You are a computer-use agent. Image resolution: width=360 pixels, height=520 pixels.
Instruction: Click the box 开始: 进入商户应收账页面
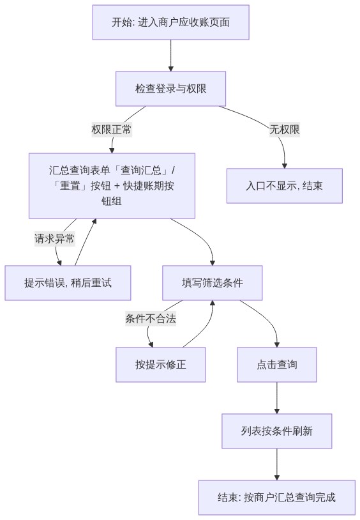click(170, 22)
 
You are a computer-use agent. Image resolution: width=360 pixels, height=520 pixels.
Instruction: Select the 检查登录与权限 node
click(170, 89)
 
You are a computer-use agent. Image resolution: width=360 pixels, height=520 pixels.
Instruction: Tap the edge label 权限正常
click(111, 129)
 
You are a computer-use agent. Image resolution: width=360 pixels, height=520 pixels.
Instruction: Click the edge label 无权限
click(285, 129)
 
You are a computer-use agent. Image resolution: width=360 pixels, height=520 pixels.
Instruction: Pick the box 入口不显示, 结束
click(285, 186)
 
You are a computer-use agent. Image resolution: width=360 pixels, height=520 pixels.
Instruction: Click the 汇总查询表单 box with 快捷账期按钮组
click(112, 186)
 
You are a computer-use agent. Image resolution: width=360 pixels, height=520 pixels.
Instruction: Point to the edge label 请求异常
click(55, 239)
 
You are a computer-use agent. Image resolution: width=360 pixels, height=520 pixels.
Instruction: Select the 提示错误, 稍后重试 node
click(68, 283)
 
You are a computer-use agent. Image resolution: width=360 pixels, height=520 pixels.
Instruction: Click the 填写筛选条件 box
click(212, 283)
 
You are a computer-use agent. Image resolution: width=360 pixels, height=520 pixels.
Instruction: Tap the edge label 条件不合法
click(151, 319)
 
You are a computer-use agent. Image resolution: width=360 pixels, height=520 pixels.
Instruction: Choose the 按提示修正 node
click(160, 365)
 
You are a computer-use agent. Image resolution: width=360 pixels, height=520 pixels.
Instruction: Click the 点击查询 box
click(277, 365)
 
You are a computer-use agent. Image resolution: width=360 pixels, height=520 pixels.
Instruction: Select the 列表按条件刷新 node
click(277, 431)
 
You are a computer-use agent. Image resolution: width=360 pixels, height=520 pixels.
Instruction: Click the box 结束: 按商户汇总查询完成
click(277, 498)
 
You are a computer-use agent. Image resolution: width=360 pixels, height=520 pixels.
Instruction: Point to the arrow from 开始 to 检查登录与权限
click(170, 56)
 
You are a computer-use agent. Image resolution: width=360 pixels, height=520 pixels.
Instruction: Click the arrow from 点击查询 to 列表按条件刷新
click(277, 398)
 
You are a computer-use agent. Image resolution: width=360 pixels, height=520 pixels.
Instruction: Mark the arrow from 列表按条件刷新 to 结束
click(277, 464)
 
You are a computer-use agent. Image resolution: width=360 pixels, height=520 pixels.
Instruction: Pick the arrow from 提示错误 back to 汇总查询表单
click(85, 242)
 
